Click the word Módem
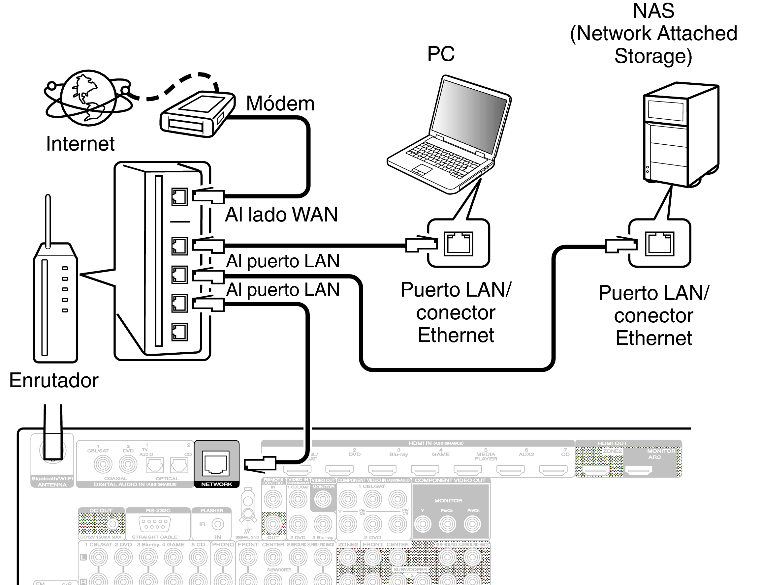coord(280,103)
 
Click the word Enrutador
coord(54,380)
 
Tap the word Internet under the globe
coord(80,143)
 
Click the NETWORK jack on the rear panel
coord(216,463)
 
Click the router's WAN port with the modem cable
coord(179,197)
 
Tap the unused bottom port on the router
coord(179,332)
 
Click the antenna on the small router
coord(48,219)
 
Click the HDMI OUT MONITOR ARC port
coord(638,471)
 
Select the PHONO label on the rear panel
coord(223,544)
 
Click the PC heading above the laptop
coord(441,54)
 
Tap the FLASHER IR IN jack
coord(218,524)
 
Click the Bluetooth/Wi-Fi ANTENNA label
coord(52,482)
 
